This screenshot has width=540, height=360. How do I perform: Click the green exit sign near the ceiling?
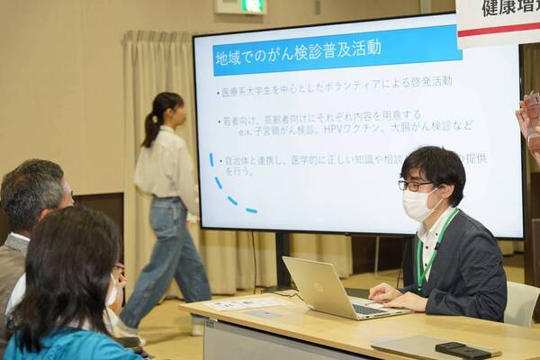pyautogui.click(x=252, y=5)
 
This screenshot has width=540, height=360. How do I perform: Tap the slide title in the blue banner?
pyautogui.click(x=298, y=49)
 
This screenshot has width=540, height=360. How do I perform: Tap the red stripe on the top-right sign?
pyautogui.click(x=499, y=31)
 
